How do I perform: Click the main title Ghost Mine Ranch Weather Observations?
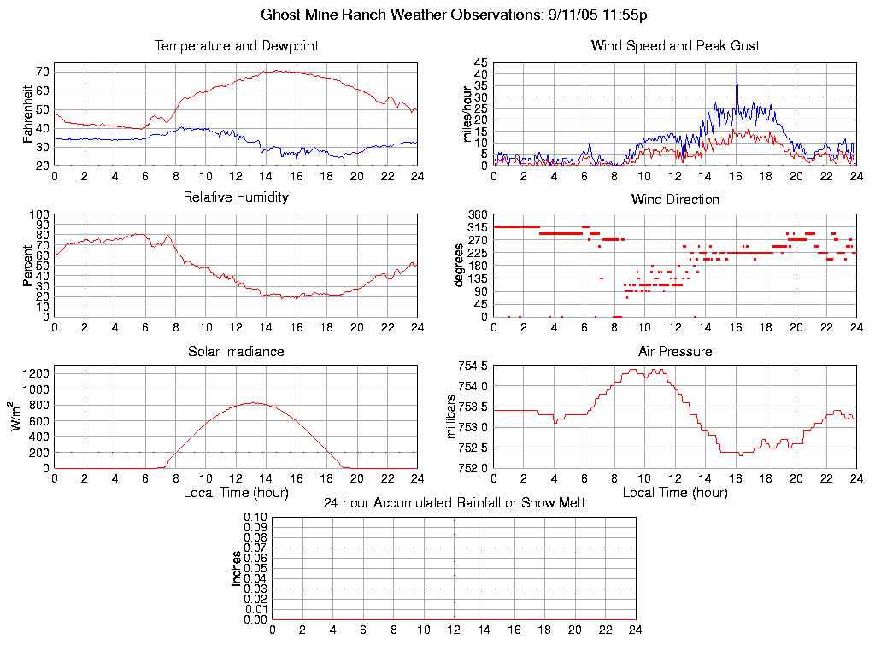click(x=454, y=15)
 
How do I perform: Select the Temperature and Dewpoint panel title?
click(x=236, y=46)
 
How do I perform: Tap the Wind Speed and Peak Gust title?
click(x=675, y=46)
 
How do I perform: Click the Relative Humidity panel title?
click(x=236, y=197)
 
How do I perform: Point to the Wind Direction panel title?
click(x=675, y=200)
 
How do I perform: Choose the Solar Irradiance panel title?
click(x=236, y=351)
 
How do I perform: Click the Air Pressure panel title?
click(x=675, y=351)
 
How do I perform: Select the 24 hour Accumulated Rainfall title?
click(x=454, y=503)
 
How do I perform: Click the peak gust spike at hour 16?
click(x=736, y=73)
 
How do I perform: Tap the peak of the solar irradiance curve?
click(x=253, y=402)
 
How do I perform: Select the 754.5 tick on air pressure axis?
click(x=473, y=366)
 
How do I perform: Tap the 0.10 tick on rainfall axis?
click(x=255, y=517)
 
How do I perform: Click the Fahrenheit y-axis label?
click(x=29, y=114)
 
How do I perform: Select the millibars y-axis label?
click(x=454, y=417)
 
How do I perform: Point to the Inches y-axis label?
click(x=237, y=568)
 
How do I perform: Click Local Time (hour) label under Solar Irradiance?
click(x=236, y=493)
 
